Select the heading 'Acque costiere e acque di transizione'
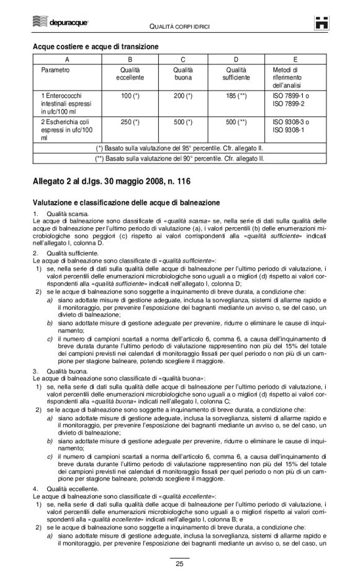point(96,47)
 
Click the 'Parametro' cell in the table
point(55,70)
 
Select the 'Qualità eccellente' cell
point(130,74)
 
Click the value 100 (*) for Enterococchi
point(130,97)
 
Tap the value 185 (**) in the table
point(238,97)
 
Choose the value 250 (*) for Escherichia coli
point(130,122)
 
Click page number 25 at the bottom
point(179,563)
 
